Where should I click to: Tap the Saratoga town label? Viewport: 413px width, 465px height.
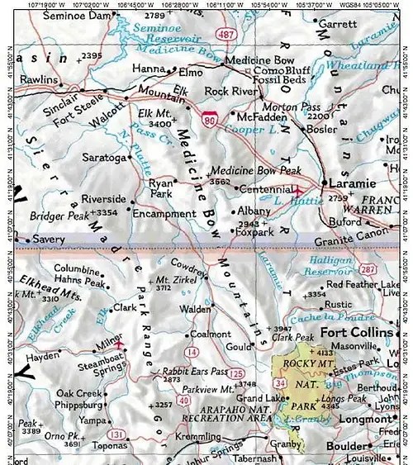click(x=105, y=156)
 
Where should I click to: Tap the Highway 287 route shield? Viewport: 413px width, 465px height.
click(x=365, y=270)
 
